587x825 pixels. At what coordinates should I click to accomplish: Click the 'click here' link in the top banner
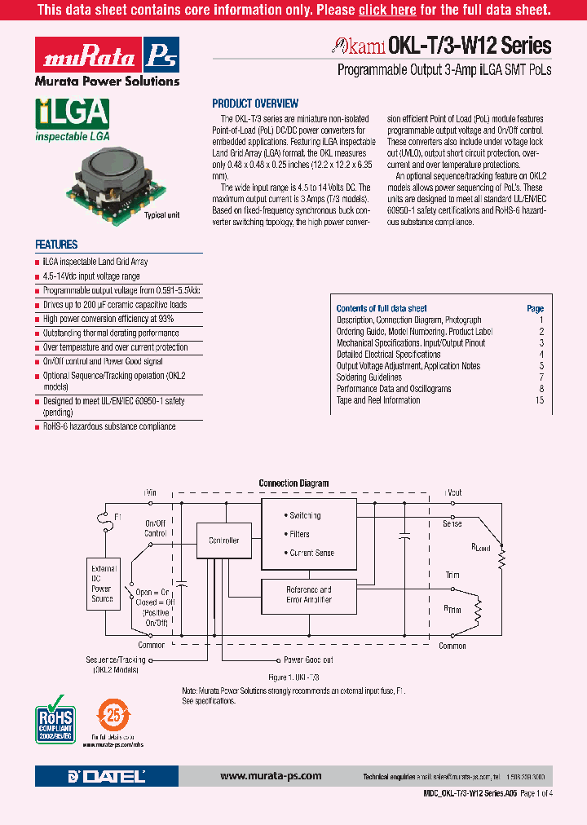click(387, 11)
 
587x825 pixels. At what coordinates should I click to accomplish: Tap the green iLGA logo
click(72, 115)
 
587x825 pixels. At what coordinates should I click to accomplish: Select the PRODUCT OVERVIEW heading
click(255, 104)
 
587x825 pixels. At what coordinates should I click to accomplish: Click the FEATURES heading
click(56, 245)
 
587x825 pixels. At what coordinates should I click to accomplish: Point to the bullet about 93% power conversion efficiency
click(108, 319)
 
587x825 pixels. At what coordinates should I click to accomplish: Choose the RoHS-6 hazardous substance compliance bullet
click(109, 426)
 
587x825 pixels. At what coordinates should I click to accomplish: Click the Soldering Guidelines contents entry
click(369, 377)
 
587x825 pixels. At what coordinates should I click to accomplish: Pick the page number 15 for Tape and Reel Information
click(539, 400)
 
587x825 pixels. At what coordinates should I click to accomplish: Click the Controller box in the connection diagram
click(224, 540)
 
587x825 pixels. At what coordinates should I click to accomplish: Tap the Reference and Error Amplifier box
click(308, 594)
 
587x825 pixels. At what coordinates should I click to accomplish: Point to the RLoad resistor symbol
click(502, 559)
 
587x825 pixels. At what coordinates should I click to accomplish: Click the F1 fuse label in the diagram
click(117, 517)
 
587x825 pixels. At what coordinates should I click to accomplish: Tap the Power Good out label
click(307, 660)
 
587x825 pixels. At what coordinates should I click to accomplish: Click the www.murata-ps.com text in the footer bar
click(271, 776)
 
